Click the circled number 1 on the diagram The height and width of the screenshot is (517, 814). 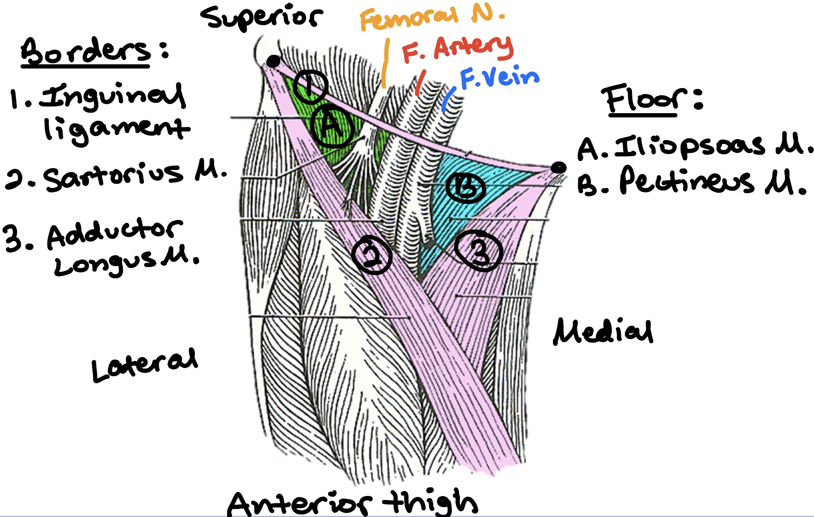310,85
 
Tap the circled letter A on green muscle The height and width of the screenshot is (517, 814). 333,127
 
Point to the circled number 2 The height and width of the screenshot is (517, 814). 371,254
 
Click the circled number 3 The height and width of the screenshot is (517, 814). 479,251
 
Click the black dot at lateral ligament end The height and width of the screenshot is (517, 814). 273,61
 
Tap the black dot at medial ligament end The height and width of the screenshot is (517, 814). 558,168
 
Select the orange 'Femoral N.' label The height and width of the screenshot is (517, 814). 431,18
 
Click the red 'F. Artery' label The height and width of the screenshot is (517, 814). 457,48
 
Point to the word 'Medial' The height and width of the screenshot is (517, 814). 603,331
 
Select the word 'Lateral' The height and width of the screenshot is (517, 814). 144,364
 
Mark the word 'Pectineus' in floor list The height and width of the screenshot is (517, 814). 686,181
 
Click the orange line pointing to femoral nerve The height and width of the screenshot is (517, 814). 385,63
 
